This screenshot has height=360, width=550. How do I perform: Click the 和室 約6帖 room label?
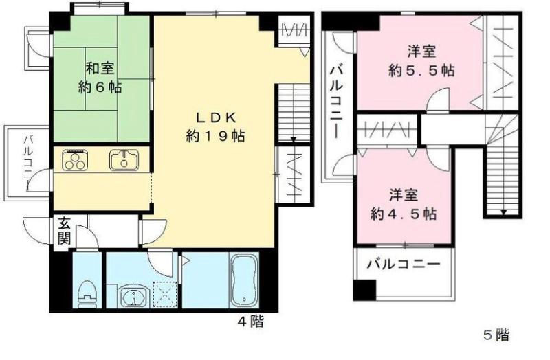[x=99, y=78]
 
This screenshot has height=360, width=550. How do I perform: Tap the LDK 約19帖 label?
[x=214, y=126]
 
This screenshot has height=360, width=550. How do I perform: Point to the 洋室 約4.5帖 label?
[x=404, y=203]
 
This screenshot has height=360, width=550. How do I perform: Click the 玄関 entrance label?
[x=63, y=232]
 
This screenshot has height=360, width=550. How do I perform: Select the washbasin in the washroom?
[x=131, y=297]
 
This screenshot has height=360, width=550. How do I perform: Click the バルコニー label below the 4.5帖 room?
[x=402, y=263]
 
